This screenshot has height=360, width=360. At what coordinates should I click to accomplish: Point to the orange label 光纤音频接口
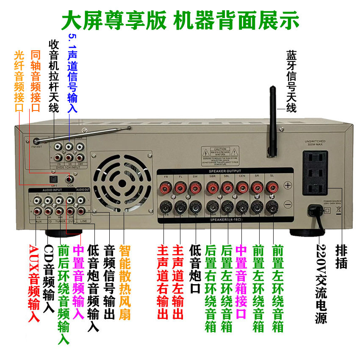(x=19, y=80)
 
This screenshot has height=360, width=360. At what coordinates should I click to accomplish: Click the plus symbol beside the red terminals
(x=288, y=186)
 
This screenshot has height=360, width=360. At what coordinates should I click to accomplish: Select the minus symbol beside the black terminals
(x=288, y=205)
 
